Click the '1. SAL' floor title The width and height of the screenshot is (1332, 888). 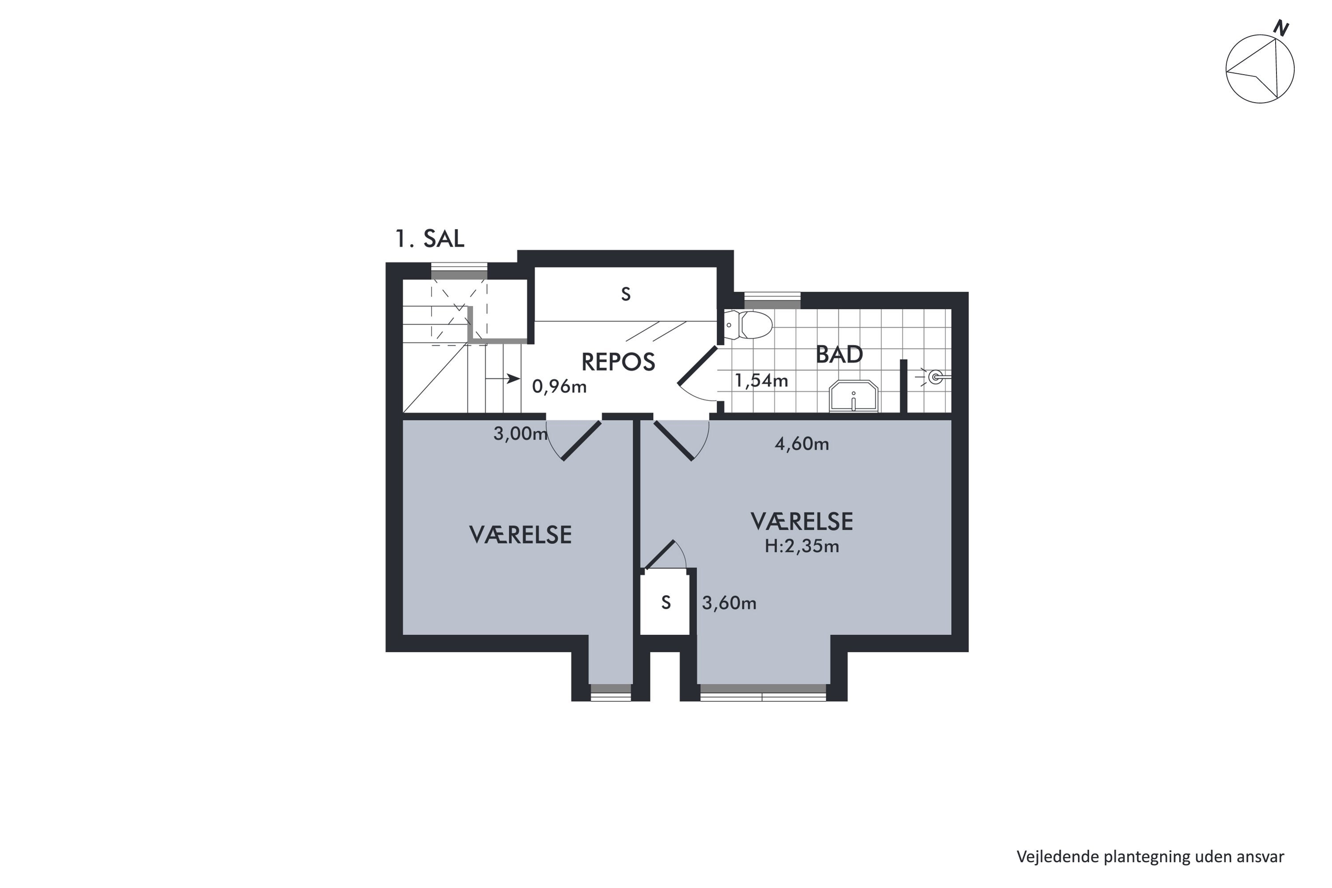tap(430, 238)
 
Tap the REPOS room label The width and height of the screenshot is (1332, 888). tap(618, 362)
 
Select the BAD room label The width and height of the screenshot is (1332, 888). tap(839, 354)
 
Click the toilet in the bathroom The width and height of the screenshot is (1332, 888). tap(748, 325)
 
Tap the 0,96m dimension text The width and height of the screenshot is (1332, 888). tap(559, 387)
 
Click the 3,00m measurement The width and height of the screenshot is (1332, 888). tap(520, 434)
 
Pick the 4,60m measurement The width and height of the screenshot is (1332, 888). tap(801, 444)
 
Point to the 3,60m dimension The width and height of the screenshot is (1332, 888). tap(729, 603)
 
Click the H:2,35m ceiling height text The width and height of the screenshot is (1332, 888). tap(801, 547)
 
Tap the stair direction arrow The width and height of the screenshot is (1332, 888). tap(503, 378)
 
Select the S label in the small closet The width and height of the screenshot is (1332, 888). tap(666, 603)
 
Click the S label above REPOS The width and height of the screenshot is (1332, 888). tap(625, 294)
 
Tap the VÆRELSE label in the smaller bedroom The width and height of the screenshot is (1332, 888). tap(520, 535)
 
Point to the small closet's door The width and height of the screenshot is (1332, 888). tap(659, 555)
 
